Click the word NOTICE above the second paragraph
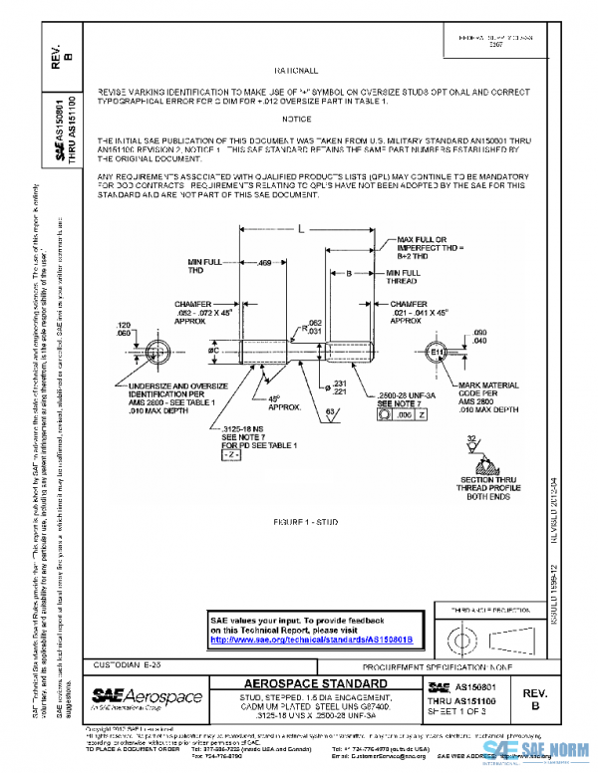point(297,119)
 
